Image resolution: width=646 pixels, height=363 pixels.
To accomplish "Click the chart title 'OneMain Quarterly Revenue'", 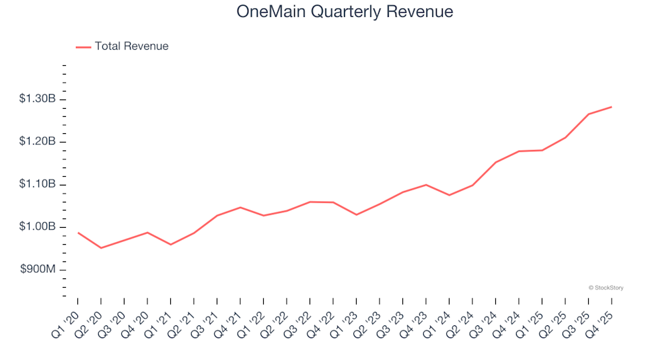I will (345, 12).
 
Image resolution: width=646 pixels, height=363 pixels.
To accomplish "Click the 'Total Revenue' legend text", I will (131, 46).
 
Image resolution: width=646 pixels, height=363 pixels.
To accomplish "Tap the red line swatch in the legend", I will (83, 47).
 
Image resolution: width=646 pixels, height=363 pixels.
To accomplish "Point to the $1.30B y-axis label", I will (38, 99).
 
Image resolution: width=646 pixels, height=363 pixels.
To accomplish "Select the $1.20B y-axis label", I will (38, 142).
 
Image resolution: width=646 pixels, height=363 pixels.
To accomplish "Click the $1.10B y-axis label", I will (38, 185).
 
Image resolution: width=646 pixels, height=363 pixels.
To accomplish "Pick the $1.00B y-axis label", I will (38, 227).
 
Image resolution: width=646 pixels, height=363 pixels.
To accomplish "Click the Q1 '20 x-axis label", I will (67, 321).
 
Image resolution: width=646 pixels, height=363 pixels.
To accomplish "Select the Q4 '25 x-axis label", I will (601, 321).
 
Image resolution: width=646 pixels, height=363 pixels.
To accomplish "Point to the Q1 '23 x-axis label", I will (346, 321).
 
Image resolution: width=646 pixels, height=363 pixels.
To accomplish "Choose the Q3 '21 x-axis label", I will (207, 321).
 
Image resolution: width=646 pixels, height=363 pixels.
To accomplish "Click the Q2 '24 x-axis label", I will (462, 321).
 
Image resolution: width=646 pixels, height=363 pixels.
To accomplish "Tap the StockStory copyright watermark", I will (606, 288).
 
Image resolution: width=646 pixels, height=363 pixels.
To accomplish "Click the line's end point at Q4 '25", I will (611, 107).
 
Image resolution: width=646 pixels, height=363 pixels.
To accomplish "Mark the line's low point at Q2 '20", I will (101, 248).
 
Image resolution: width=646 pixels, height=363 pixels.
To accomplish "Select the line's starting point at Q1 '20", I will (78, 233).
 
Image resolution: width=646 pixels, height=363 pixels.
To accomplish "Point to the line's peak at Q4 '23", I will (426, 185).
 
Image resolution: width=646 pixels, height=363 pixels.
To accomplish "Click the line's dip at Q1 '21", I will (171, 245).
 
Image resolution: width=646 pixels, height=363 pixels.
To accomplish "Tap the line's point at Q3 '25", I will (588, 114).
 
